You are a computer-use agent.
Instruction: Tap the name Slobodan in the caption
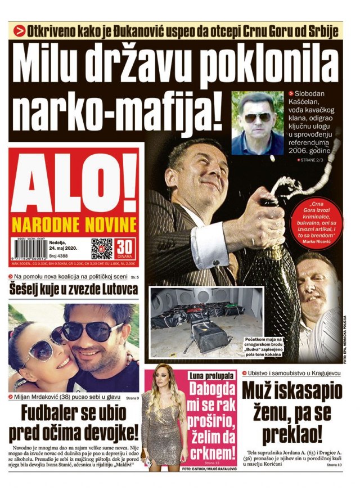[314, 93]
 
